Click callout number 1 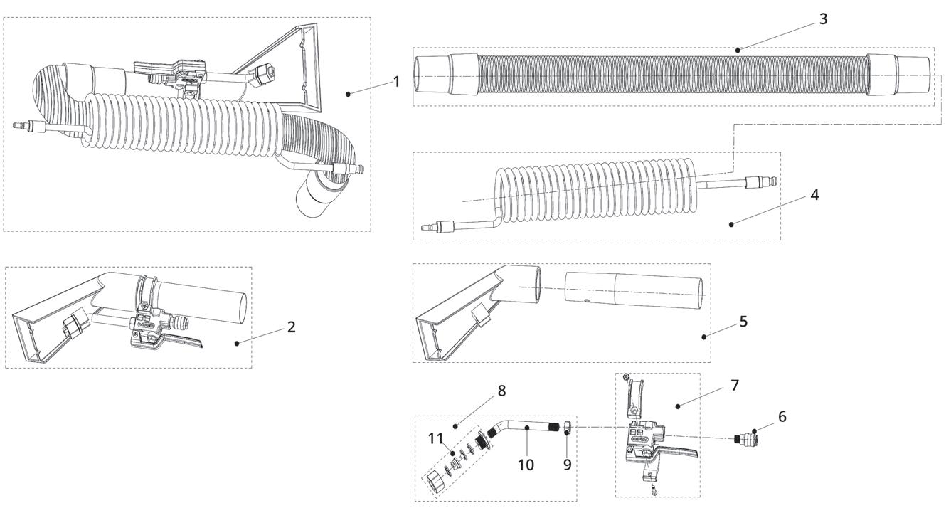396,82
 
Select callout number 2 291,327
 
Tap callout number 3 823,19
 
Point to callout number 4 814,195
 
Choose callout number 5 743,322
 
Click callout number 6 782,417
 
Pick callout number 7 735,386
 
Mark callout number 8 501,391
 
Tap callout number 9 567,465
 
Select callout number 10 526,465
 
